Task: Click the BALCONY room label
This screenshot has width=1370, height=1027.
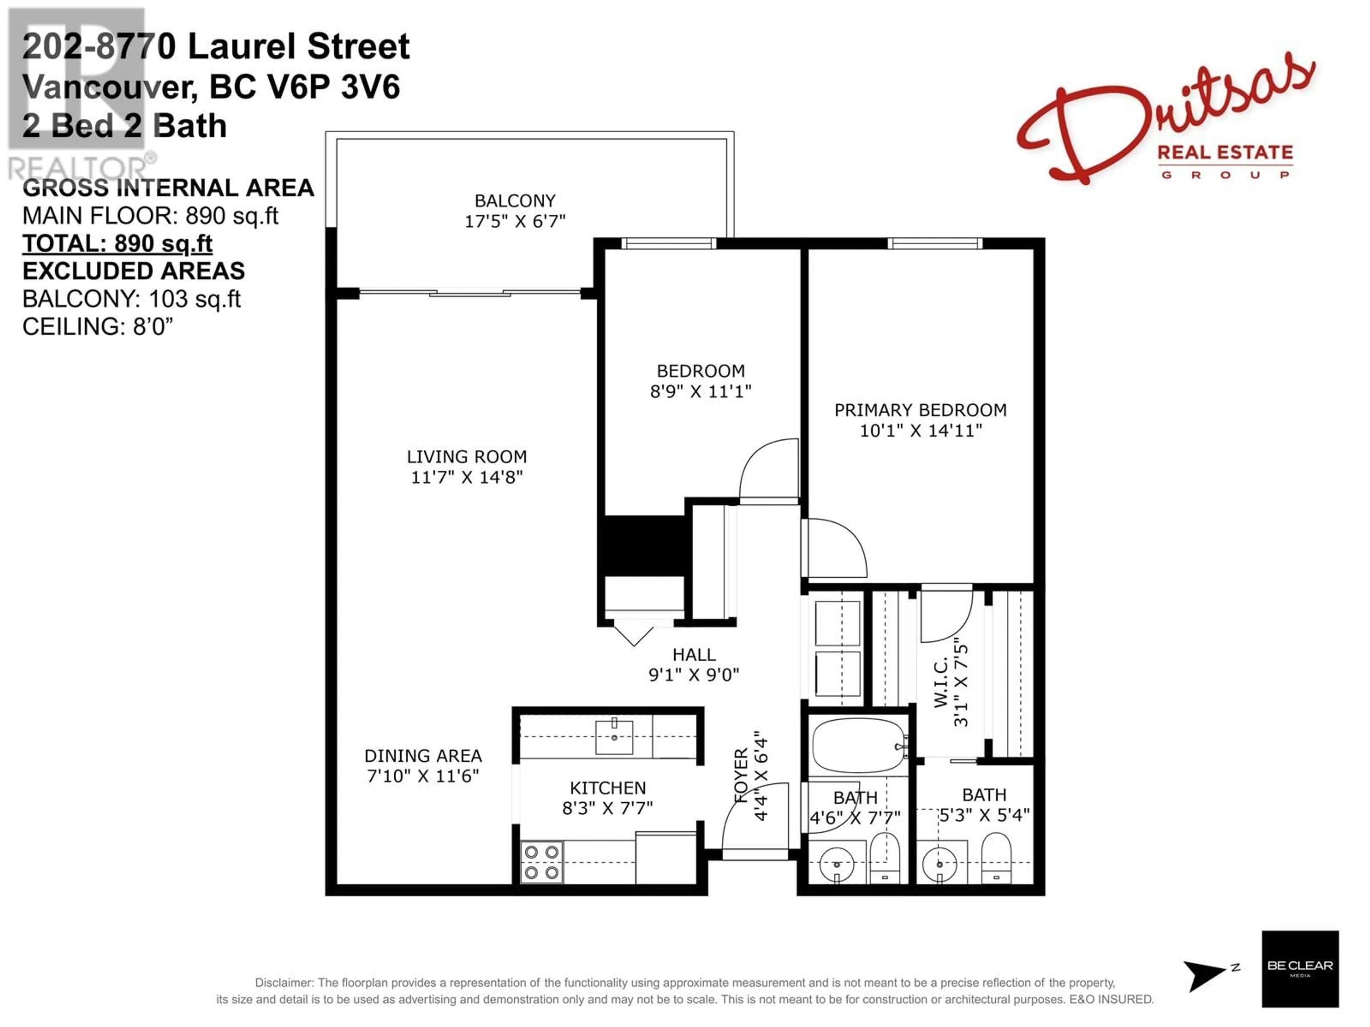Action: [x=515, y=201]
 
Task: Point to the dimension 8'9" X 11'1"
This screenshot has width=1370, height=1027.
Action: [x=700, y=391]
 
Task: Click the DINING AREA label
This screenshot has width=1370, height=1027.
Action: [x=423, y=756]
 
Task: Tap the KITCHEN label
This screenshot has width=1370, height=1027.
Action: [x=608, y=788]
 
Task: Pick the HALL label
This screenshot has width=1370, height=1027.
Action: [x=694, y=655]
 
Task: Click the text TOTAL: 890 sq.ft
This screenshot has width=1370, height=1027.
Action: [x=118, y=244]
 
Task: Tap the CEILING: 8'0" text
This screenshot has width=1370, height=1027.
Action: [x=97, y=326]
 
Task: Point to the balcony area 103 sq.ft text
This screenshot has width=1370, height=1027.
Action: [x=131, y=299]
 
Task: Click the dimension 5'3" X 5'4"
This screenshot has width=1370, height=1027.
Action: [x=984, y=815]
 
